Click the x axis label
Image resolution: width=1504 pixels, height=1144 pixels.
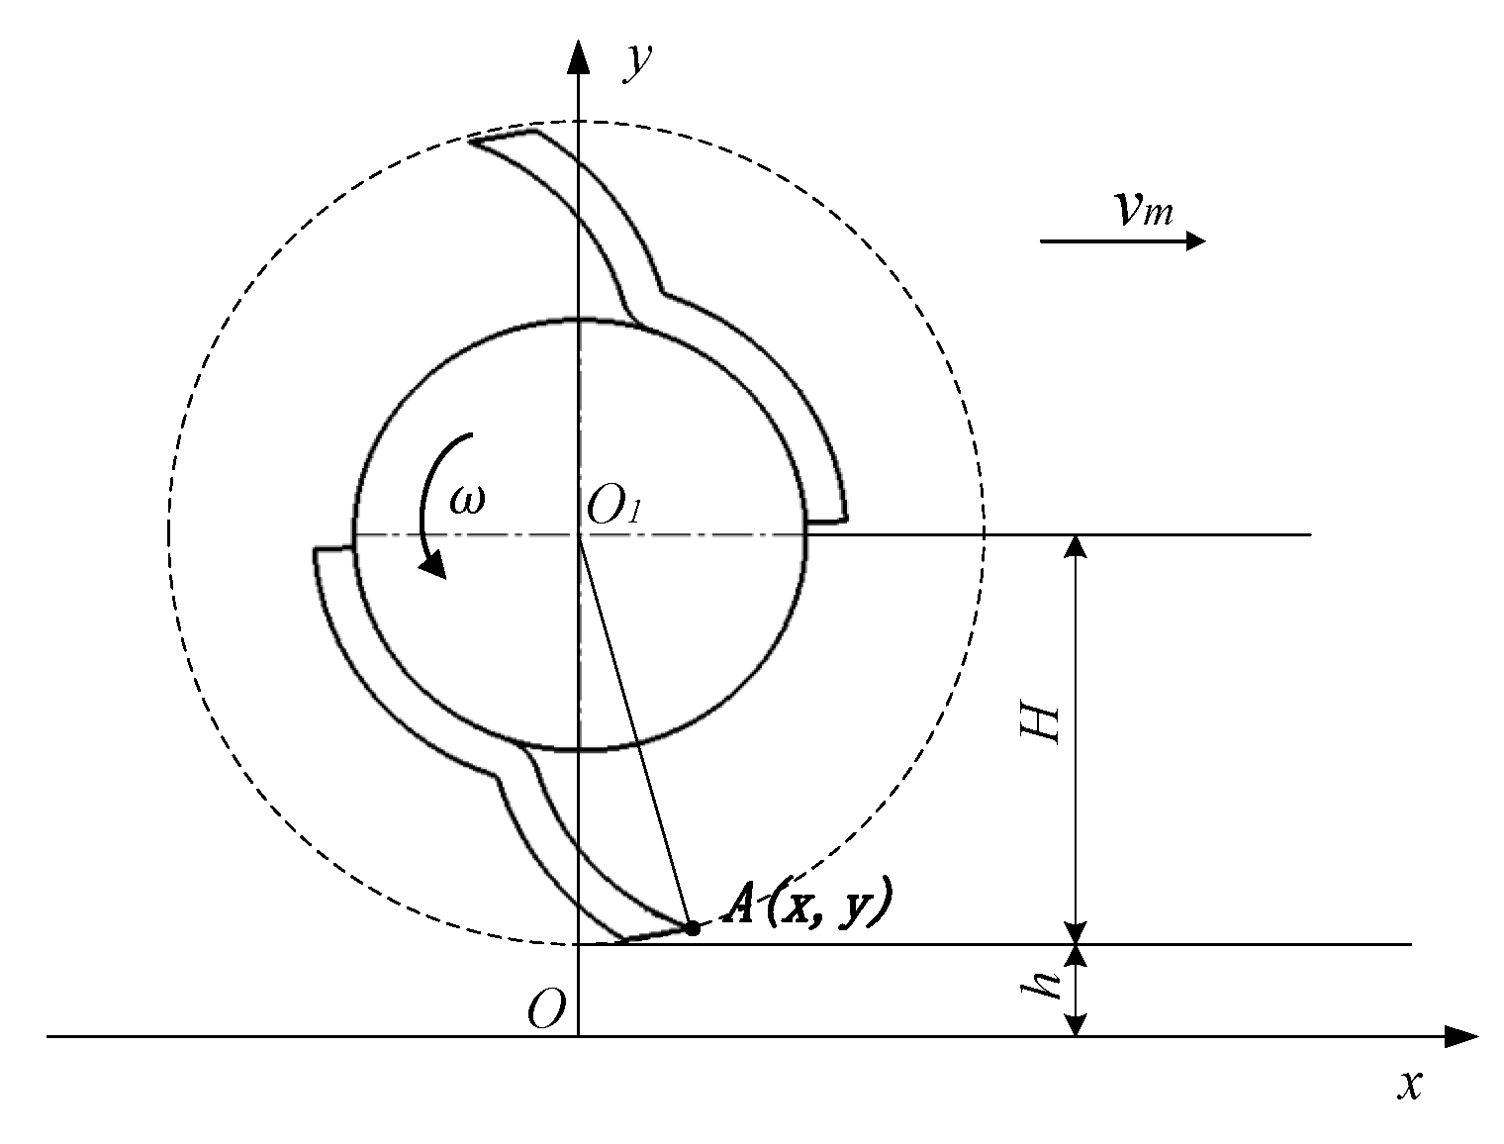(1410, 1086)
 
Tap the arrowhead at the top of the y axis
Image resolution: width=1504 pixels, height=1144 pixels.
(579, 57)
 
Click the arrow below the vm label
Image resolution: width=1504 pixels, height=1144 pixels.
(1123, 240)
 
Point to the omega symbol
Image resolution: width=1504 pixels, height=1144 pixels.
(467, 501)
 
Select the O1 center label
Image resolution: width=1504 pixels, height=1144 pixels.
(614, 508)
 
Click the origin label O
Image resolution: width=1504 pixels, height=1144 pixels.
(546, 1010)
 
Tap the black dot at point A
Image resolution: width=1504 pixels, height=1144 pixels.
(693, 928)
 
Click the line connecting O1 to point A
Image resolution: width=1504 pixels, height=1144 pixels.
(635, 732)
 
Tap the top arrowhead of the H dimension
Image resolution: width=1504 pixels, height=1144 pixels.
(1078, 546)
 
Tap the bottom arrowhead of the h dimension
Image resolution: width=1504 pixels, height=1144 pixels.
(1078, 1025)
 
